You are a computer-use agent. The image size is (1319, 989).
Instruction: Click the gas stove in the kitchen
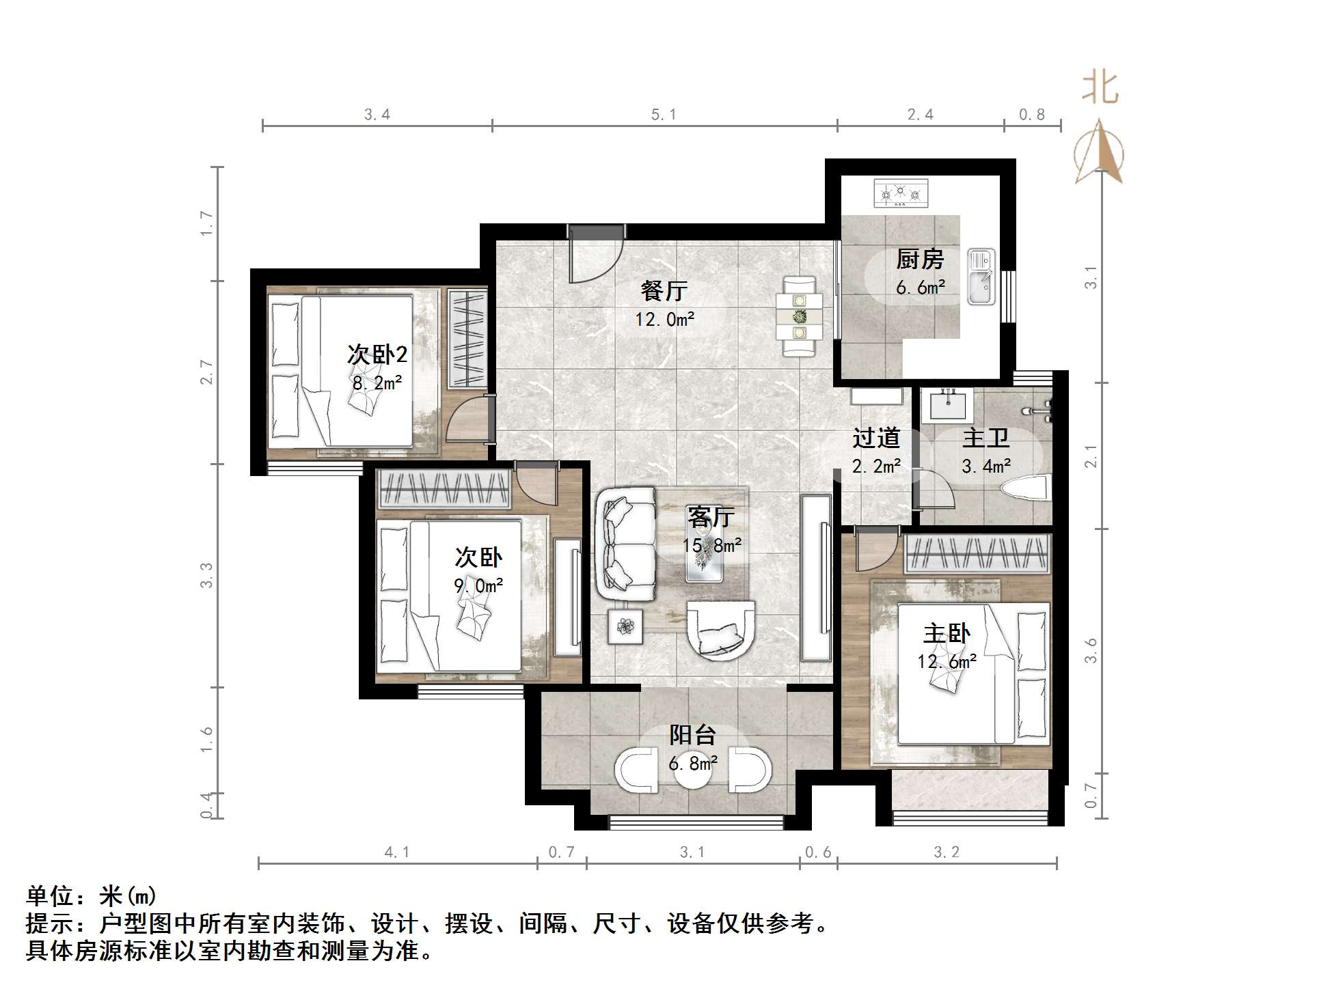[901, 193]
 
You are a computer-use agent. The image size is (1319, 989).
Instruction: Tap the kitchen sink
[981, 277]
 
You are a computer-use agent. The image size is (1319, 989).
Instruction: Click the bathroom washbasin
[948, 406]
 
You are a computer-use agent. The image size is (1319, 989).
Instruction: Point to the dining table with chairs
[799, 316]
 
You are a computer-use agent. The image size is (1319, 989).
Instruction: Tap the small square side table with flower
[626, 626]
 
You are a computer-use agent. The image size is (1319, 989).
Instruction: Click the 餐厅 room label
[664, 290]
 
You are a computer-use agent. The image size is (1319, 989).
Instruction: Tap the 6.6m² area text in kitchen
[920, 288]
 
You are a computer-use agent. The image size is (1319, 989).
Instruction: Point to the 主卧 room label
[947, 633]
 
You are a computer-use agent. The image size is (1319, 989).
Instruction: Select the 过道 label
[876, 438]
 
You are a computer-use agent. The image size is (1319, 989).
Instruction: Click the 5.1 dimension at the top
[664, 115]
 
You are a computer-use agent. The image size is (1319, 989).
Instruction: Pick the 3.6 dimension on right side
[1091, 650]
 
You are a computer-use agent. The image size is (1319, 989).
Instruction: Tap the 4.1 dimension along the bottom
[397, 852]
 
